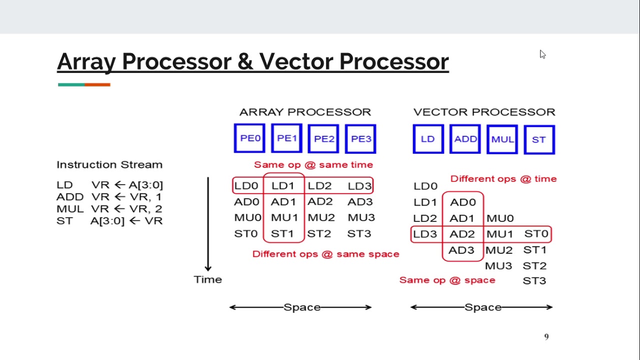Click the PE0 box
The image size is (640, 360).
coord(249,138)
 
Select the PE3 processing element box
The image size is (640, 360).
coord(360,138)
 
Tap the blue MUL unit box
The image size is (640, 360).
coord(502,139)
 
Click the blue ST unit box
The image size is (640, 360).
coord(539,139)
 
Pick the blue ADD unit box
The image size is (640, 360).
coord(465,139)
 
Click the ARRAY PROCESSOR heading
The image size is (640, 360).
coord(305,112)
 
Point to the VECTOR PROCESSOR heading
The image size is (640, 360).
coord(484,112)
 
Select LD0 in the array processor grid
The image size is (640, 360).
coord(247,186)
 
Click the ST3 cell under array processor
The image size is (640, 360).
coord(359,233)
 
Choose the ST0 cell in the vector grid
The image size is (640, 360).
coord(536,233)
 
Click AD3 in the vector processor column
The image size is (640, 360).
coord(461,250)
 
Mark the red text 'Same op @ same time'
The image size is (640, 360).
coord(313,164)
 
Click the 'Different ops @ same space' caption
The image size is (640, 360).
coord(325,254)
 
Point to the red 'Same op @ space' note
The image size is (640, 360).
coord(447,280)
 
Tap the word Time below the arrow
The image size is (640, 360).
coord(207,279)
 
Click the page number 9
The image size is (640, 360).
coord(546,337)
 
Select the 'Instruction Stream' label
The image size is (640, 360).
coord(109,164)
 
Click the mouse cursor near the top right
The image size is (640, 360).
coord(542,54)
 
